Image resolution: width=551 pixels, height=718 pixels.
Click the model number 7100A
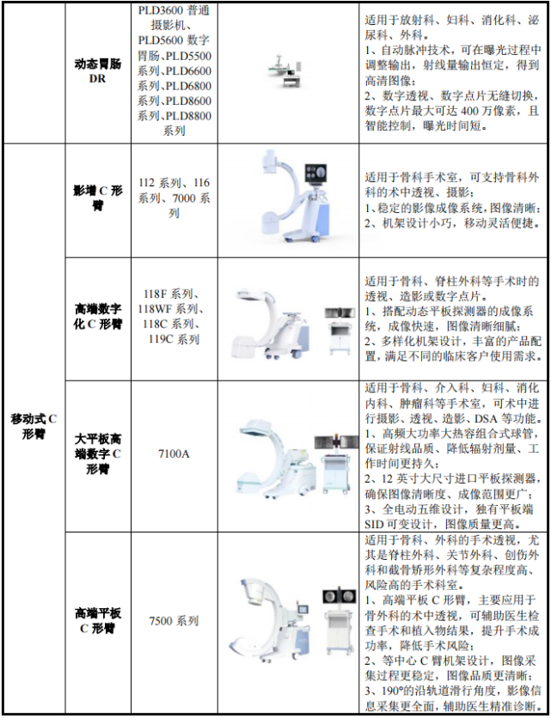click(173, 453)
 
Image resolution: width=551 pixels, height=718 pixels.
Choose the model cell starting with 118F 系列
click(173, 316)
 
